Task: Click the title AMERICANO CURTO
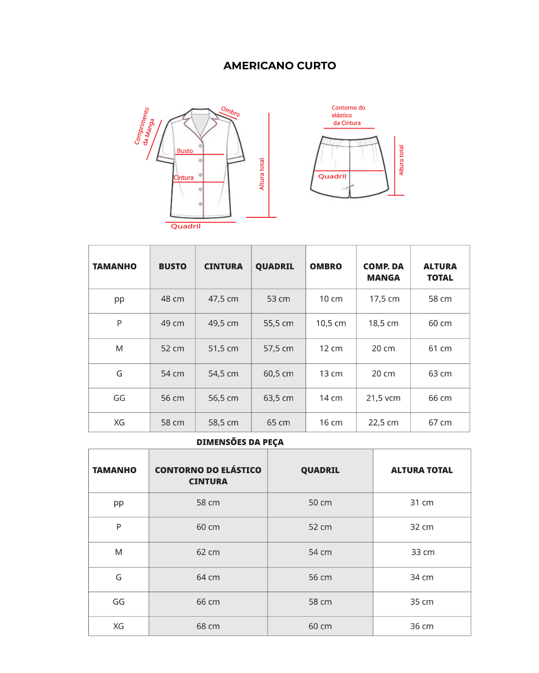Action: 279,66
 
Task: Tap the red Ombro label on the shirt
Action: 230,112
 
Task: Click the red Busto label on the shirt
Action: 185,151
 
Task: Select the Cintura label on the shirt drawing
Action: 184,178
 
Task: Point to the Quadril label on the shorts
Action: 332,176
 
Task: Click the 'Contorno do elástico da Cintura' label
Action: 348,115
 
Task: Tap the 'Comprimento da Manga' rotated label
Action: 145,127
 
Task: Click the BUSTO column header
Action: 172,267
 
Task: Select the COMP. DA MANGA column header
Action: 383,272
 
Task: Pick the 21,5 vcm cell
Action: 383,398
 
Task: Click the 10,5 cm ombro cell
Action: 331,324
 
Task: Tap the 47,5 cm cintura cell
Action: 223,299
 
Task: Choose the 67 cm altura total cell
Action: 440,423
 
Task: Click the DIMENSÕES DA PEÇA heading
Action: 240,442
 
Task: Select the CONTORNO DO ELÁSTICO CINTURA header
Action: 208,476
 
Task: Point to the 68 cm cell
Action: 208,627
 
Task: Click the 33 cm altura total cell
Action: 422,552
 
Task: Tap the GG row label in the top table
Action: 119,398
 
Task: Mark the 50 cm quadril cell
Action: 320,503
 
